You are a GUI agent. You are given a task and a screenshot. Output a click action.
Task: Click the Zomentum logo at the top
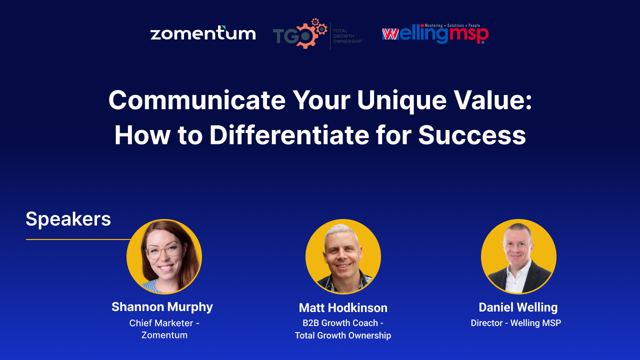coord(203,33)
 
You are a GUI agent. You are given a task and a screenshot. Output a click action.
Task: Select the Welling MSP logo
coord(435,34)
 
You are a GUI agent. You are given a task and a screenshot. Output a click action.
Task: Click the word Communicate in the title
coord(196,100)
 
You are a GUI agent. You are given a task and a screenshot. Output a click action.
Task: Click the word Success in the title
coord(472,135)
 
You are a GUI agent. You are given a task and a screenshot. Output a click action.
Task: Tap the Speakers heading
coord(68,219)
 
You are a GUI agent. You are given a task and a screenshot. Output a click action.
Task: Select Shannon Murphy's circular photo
coord(164,256)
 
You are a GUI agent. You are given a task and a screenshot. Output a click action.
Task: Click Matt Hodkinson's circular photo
coord(343,256)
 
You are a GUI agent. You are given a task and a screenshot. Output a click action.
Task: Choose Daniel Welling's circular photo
coord(518,256)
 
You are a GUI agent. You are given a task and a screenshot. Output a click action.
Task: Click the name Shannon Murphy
coord(162,306)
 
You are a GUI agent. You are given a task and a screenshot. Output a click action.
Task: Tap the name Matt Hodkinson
coord(343,307)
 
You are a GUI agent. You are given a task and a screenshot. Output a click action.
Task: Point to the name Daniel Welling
coord(518,307)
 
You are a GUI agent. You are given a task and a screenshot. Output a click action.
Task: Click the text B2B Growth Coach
coord(340,323)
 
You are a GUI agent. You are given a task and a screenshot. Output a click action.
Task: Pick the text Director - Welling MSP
coord(516,323)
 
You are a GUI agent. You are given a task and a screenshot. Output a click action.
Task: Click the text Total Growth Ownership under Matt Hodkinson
coord(343,335)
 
